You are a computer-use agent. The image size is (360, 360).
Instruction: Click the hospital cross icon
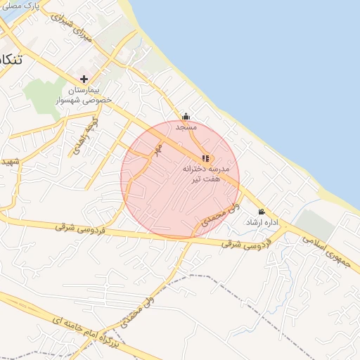click(84, 79)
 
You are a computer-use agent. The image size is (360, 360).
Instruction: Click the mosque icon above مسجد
click(186, 116)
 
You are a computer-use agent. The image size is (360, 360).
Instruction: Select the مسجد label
click(186, 127)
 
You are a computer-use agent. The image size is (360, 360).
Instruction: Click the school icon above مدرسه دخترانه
click(205, 159)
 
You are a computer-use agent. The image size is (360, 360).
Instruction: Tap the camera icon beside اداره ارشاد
click(262, 212)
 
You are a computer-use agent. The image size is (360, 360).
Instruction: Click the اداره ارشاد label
click(262, 222)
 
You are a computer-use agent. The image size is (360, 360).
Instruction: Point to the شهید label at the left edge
click(8, 162)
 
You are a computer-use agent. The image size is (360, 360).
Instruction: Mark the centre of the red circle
click(180, 180)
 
